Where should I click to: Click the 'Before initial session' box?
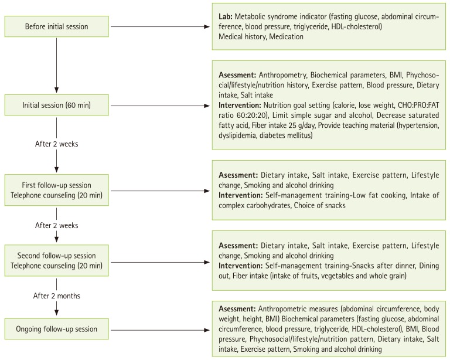[x=57, y=26]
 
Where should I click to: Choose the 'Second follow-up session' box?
[x=57, y=256]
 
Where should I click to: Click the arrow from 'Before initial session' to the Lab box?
[x=158, y=26]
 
